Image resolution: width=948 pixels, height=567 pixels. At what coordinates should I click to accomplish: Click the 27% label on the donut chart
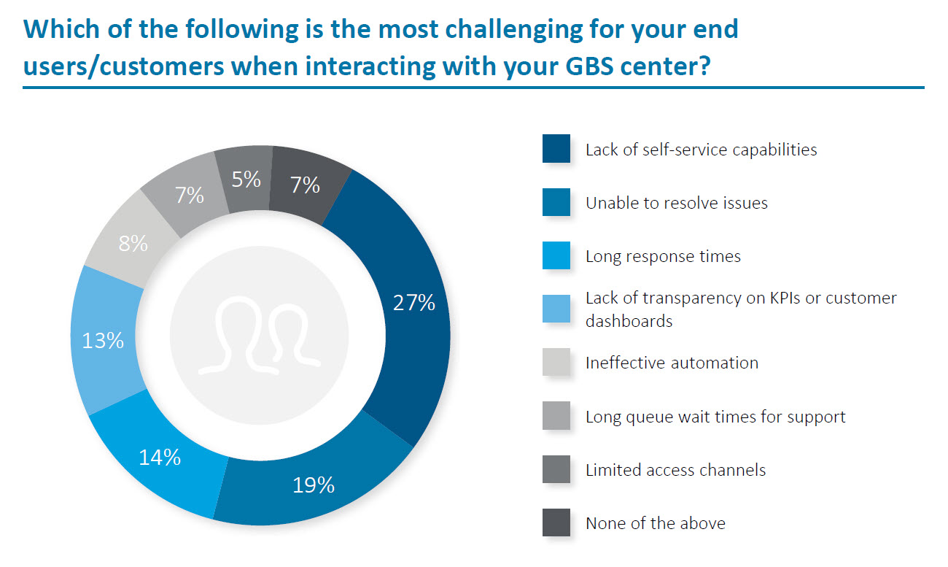[413, 303]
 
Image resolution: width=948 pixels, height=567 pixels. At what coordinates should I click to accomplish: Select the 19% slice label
[313, 484]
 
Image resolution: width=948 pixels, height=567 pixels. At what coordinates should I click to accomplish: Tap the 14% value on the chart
[159, 458]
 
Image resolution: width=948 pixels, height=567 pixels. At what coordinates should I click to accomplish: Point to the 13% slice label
[103, 340]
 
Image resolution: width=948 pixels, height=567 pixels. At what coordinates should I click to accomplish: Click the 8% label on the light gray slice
[133, 243]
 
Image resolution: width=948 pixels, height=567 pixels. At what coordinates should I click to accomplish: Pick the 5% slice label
[246, 180]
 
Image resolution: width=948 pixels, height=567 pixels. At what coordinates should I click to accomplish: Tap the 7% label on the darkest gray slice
[305, 185]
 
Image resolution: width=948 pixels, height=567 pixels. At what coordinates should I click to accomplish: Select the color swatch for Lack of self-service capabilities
[556, 150]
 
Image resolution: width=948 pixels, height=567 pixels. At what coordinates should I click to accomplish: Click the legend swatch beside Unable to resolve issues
[556, 203]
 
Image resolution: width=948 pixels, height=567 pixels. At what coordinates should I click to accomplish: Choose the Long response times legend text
[663, 256]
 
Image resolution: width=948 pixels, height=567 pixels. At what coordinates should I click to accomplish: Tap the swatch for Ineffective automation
[556, 363]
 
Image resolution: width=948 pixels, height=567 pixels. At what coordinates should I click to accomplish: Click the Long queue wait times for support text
[715, 417]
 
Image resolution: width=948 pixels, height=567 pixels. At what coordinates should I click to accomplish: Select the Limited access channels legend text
[675, 470]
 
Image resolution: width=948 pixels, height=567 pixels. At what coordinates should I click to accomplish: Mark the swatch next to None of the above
[556, 523]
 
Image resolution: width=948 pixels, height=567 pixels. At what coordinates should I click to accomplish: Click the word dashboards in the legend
[629, 321]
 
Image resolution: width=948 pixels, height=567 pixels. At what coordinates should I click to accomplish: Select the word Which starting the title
[57, 30]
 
